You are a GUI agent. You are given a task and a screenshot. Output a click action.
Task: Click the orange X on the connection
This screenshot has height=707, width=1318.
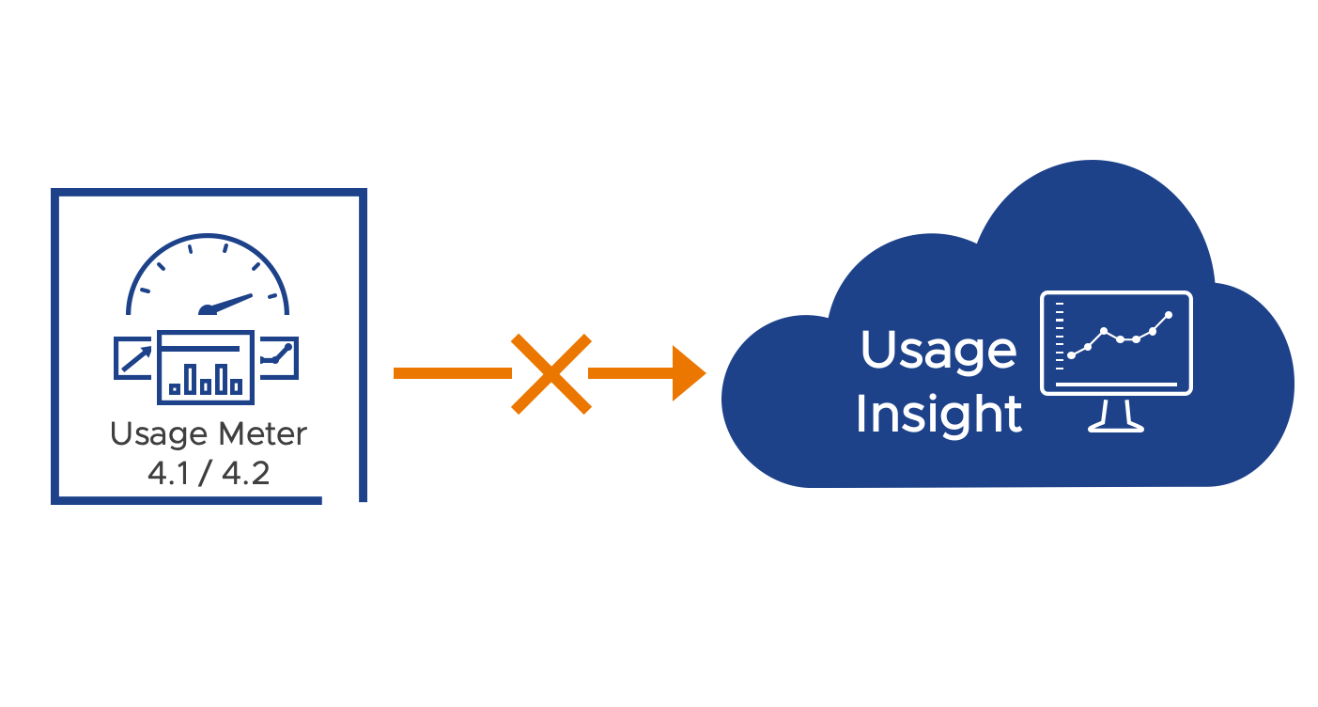(x=551, y=373)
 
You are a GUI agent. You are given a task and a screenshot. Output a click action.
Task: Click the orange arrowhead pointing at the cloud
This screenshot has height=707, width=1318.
(x=689, y=373)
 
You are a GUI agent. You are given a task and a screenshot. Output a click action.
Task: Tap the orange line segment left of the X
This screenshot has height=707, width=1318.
(x=451, y=373)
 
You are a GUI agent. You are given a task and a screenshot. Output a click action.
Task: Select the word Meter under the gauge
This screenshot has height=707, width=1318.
(x=263, y=434)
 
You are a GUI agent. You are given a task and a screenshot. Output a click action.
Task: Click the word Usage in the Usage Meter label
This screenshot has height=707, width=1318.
(x=160, y=435)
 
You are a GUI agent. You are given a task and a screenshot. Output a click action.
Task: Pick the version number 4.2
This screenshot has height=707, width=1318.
(x=246, y=473)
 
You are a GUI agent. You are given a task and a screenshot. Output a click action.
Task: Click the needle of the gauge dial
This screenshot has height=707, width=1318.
(x=231, y=302)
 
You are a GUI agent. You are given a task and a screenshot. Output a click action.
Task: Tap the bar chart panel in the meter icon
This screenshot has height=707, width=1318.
(x=206, y=364)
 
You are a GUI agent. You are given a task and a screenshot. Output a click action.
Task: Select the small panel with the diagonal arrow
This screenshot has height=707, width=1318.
(x=133, y=358)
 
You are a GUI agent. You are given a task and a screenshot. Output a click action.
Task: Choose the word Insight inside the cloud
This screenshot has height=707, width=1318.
(x=938, y=415)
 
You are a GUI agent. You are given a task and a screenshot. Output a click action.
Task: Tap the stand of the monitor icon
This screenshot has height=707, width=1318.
(x=1116, y=415)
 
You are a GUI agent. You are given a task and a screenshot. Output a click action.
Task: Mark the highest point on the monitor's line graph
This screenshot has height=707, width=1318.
(x=1169, y=315)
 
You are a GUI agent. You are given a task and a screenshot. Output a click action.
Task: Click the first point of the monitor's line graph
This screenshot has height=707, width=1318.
(x=1072, y=354)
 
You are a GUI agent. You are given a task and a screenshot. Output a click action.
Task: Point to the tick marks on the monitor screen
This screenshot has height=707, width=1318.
(x=1059, y=338)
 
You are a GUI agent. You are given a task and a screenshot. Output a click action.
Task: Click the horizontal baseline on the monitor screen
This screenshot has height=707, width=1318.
(x=1116, y=384)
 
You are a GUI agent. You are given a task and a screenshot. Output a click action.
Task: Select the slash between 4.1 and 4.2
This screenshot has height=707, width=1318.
(x=207, y=473)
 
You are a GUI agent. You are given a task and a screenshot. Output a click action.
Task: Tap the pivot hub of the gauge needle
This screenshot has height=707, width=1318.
(x=205, y=310)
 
